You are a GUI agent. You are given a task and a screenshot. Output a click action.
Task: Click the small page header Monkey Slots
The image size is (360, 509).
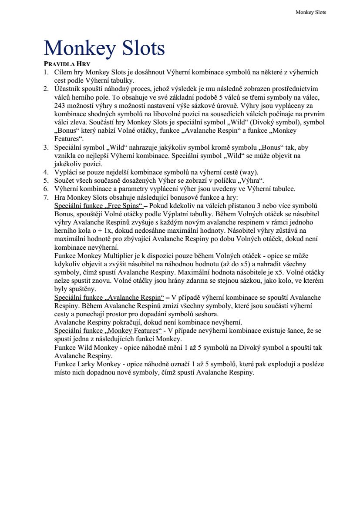[x=310, y=12]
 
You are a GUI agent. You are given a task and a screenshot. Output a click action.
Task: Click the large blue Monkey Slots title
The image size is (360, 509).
[x=104, y=48]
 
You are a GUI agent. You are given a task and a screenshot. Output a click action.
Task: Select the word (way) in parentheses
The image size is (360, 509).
[x=248, y=172]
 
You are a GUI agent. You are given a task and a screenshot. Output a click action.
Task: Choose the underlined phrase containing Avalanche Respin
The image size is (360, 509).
[x=109, y=298]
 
